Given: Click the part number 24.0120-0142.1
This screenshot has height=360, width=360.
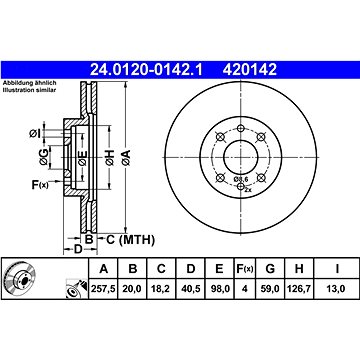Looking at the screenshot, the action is pos(146,70).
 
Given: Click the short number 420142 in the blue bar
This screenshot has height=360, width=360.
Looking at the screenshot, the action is pos(250,70).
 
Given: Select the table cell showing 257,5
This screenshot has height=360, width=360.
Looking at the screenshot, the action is pos(103,289).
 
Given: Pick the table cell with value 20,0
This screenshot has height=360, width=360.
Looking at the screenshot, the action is pos(133,289).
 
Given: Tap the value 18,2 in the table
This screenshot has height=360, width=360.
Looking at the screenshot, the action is pos(161,289).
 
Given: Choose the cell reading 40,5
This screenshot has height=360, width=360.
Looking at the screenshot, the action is pos(191,289).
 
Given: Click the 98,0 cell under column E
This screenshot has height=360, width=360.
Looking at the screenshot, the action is pos(219,289).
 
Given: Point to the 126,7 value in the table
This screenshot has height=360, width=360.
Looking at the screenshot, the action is pos(299,289).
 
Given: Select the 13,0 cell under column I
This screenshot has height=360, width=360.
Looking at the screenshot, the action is pos(337,289).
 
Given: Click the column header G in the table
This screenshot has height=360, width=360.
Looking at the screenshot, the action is pos(270,268).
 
